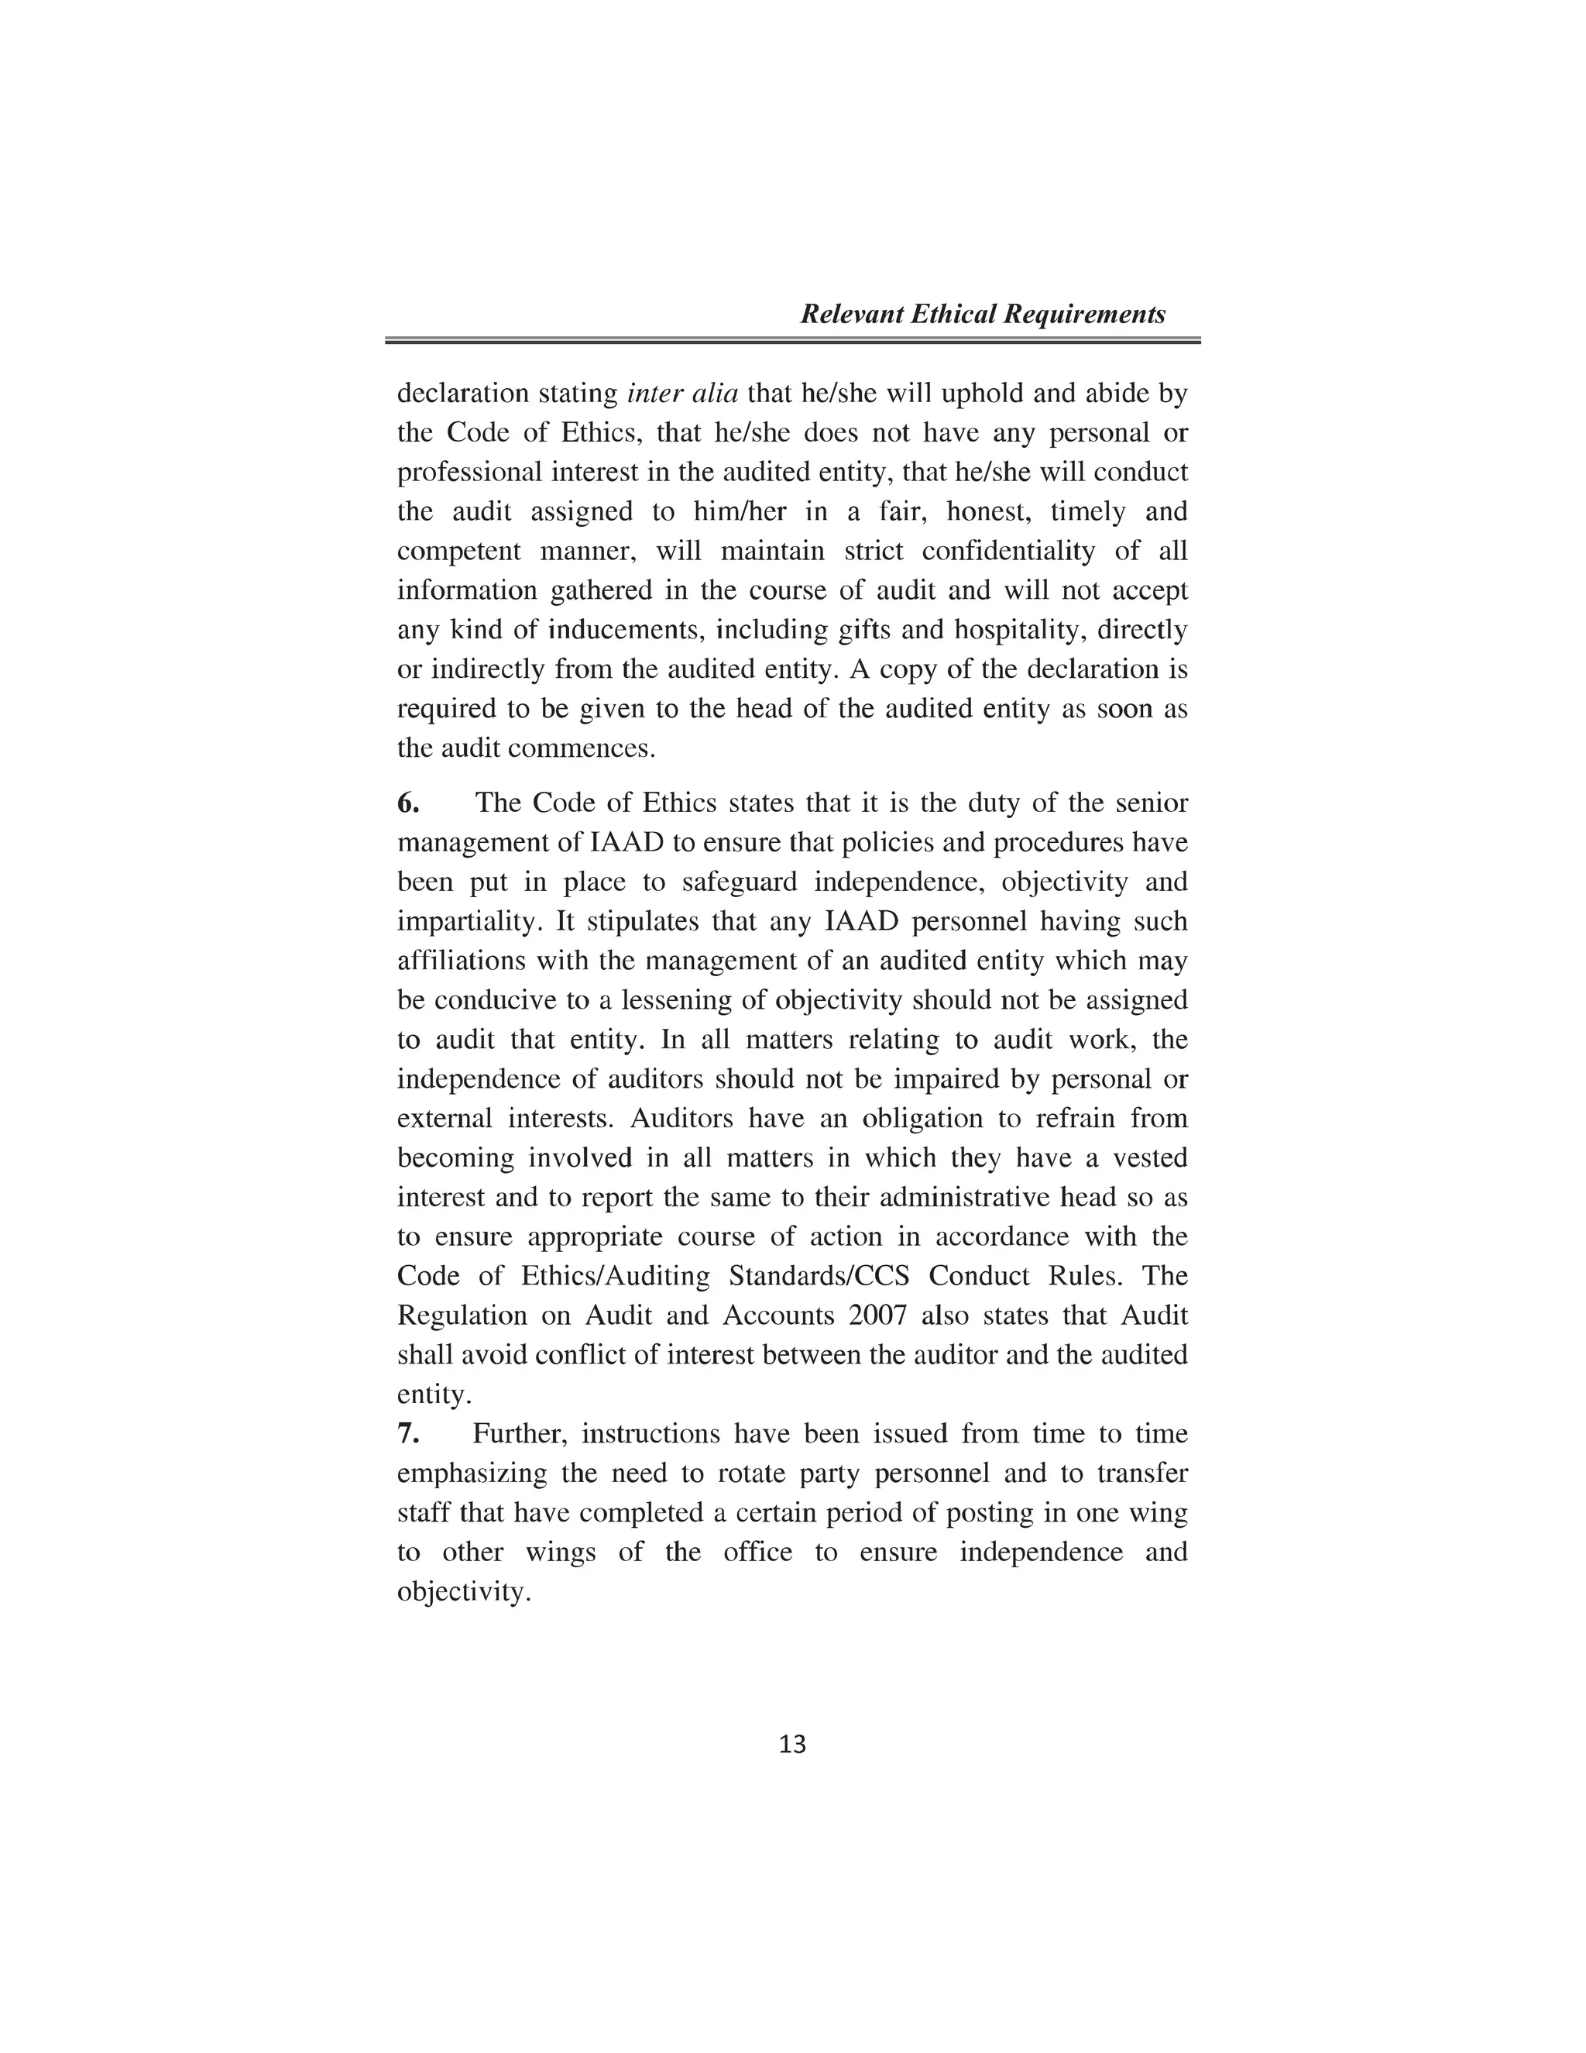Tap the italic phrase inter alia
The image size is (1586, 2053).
point(682,393)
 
